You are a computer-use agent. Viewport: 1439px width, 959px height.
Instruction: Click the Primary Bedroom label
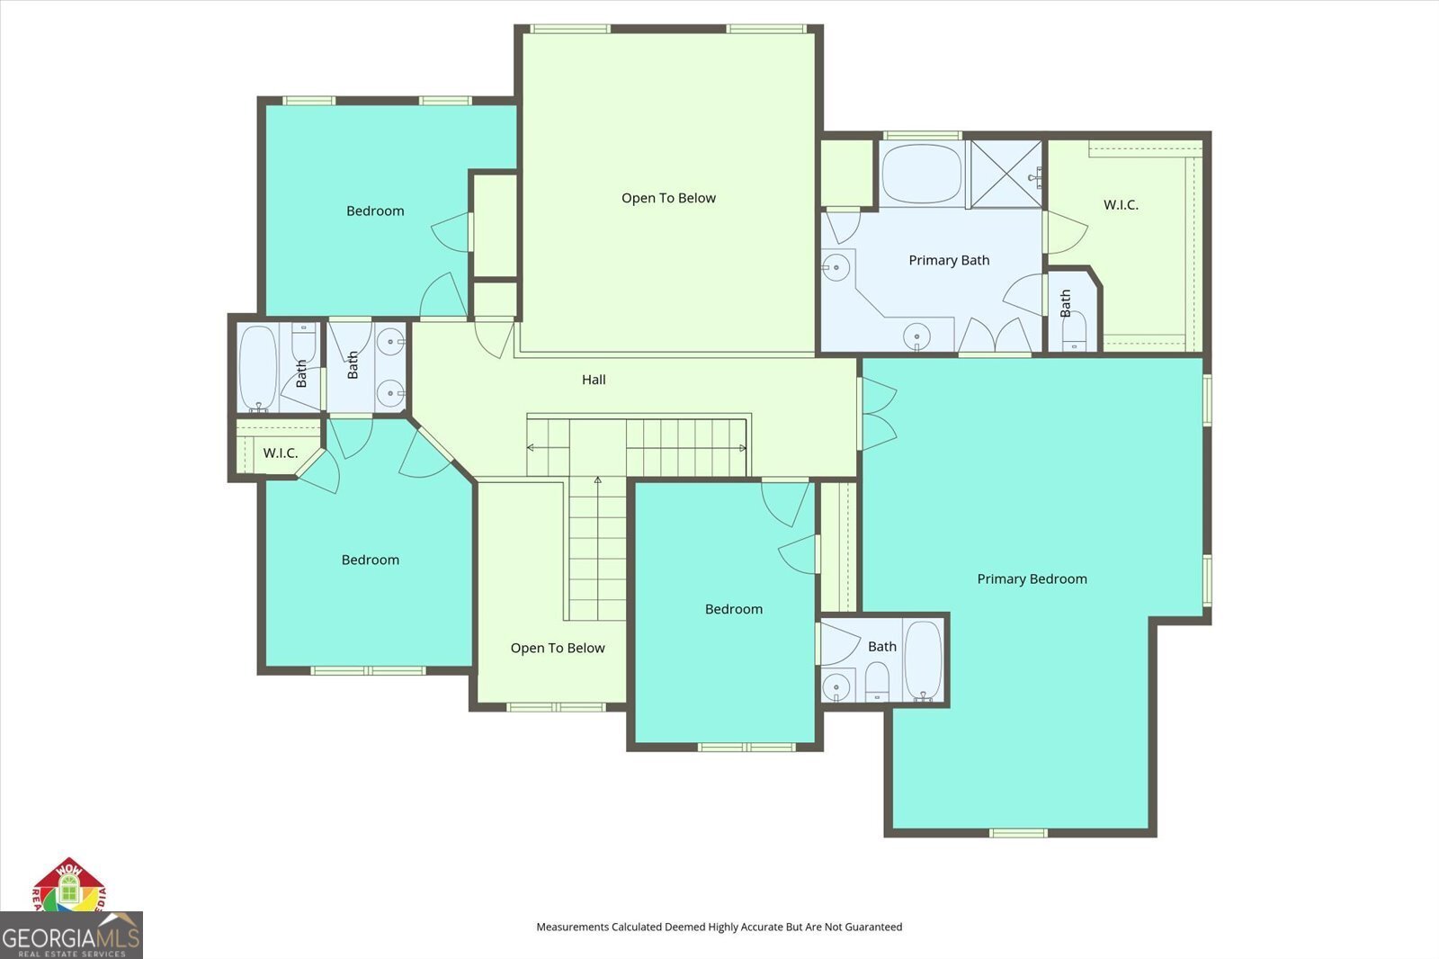point(1032,578)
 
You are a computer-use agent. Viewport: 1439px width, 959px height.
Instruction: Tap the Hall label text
point(594,380)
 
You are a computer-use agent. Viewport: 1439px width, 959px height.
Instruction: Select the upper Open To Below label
point(668,198)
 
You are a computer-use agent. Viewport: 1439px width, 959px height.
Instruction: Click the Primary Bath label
point(949,260)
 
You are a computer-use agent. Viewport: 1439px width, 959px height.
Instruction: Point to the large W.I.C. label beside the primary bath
point(1121,205)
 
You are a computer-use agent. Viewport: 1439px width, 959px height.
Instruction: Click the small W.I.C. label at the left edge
point(280,453)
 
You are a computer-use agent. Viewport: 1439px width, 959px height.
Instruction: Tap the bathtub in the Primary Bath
point(921,175)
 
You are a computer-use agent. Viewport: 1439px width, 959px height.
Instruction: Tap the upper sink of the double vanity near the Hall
point(390,340)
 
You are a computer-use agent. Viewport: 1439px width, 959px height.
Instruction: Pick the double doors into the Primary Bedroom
point(879,414)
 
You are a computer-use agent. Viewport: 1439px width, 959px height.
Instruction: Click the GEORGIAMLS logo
point(71,936)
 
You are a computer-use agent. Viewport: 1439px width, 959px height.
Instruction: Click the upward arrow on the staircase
point(597,481)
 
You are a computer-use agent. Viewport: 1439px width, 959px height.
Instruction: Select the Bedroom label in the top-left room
point(375,211)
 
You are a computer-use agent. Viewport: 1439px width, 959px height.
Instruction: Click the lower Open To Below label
point(558,648)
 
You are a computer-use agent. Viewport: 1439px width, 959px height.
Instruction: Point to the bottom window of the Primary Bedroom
point(1018,832)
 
